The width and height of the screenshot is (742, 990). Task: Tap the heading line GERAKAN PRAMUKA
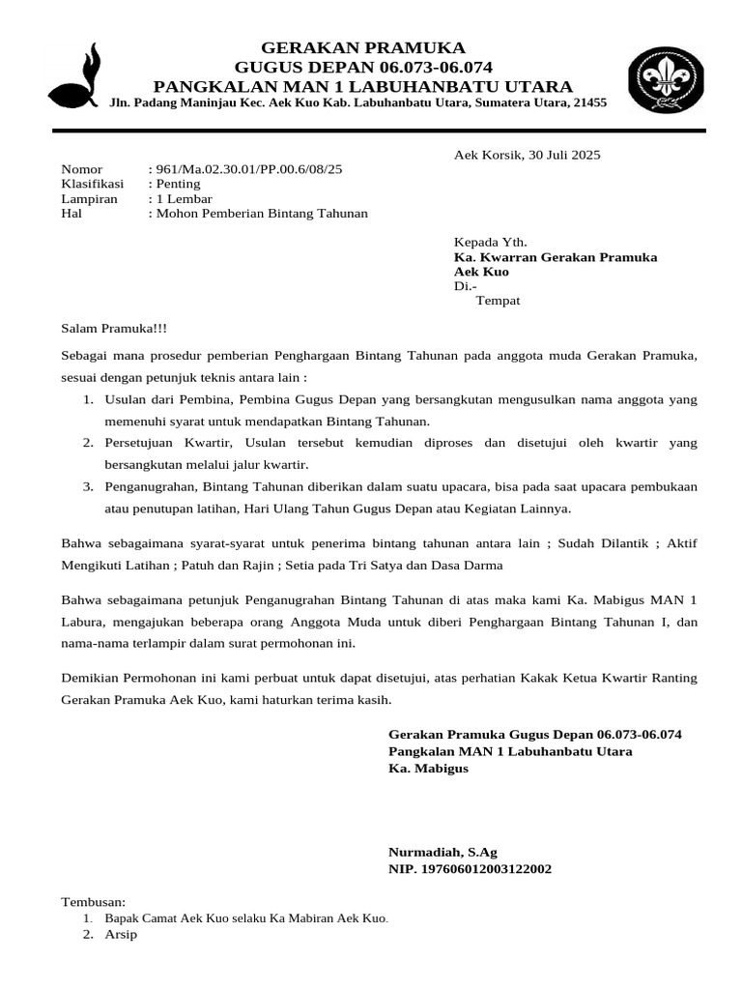[363, 47]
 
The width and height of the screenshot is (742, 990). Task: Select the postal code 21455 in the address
[589, 102]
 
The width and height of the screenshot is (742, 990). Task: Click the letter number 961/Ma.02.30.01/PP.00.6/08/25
[248, 169]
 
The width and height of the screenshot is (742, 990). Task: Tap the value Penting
[178, 184]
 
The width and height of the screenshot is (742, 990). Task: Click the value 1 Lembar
[184, 198]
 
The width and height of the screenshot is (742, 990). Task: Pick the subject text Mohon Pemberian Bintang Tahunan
[261, 213]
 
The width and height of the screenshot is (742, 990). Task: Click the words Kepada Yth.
[491, 242]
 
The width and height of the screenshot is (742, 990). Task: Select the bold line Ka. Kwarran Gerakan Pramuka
[556, 257]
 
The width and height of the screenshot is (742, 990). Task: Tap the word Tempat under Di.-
[499, 301]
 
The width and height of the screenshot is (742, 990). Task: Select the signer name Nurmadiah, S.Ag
[442, 853]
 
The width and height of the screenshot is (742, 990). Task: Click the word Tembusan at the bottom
[87, 901]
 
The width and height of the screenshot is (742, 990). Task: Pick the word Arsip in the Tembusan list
[121, 935]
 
